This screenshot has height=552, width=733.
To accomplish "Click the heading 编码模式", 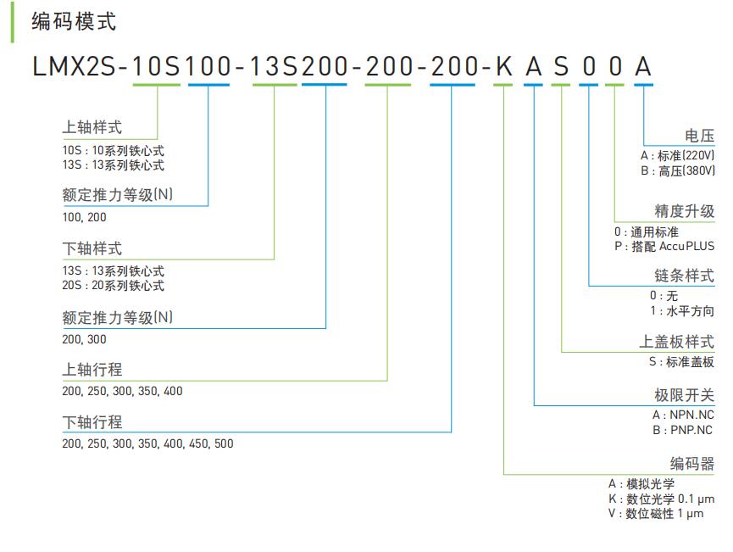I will click(x=74, y=21).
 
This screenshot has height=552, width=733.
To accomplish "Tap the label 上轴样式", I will click(x=92, y=127).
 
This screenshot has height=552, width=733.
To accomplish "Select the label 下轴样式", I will click(x=92, y=248).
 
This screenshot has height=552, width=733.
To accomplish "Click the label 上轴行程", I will click(x=92, y=370).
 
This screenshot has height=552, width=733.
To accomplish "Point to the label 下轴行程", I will click(x=92, y=422).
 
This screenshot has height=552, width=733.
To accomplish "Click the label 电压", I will click(x=699, y=136).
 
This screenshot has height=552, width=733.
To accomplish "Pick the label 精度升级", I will click(x=684, y=211).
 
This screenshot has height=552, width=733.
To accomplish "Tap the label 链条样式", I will click(x=684, y=276).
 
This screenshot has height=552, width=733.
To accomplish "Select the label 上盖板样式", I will click(x=676, y=342).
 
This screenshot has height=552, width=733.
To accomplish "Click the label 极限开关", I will click(x=684, y=395).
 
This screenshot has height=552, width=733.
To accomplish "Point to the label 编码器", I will click(x=691, y=463).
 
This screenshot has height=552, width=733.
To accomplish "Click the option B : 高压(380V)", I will click(x=677, y=170).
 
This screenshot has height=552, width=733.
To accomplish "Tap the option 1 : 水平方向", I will click(x=681, y=310).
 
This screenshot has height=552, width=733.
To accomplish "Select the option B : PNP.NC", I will click(x=683, y=430).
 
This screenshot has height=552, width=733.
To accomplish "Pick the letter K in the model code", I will click(x=504, y=68).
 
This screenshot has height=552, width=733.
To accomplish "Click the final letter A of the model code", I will click(x=643, y=68).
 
